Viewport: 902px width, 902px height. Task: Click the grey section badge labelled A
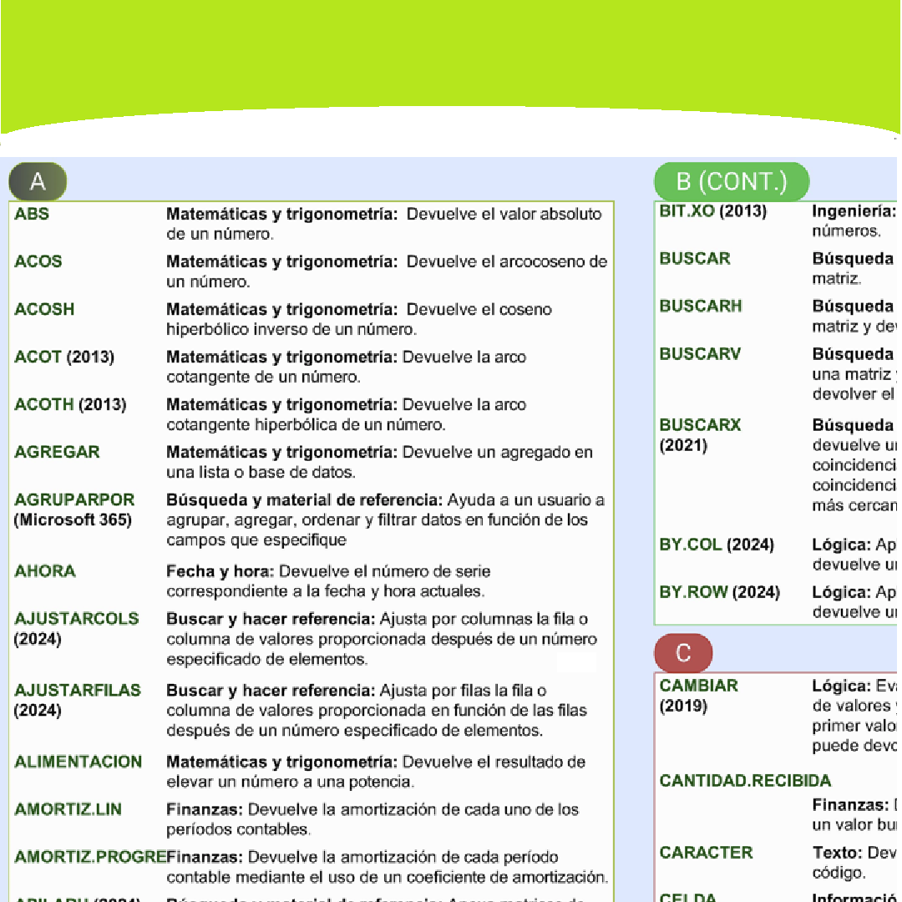click(x=38, y=181)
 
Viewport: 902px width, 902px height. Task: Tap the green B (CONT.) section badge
click(x=731, y=181)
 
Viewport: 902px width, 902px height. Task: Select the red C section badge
click(x=683, y=653)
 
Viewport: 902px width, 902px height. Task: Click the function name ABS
click(x=32, y=214)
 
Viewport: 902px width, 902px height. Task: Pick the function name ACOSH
click(x=44, y=309)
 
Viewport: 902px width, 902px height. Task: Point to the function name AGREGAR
click(x=57, y=452)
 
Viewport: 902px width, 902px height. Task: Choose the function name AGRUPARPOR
click(x=74, y=499)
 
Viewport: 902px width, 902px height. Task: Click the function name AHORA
click(x=45, y=571)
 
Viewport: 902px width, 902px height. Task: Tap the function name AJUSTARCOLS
click(x=77, y=619)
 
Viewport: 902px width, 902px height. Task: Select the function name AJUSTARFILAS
click(x=78, y=691)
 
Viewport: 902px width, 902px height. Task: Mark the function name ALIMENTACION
click(x=79, y=762)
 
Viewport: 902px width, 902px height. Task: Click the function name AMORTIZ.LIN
click(x=68, y=809)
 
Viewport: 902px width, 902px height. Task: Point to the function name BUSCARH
click(x=700, y=306)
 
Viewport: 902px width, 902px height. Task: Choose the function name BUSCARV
click(x=700, y=353)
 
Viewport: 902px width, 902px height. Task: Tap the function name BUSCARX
click(x=700, y=424)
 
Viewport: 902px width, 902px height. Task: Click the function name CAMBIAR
click(x=698, y=686)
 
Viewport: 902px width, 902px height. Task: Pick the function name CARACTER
click(x=706, y=853)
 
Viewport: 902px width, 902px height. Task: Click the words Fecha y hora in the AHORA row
click(x=220, y=571)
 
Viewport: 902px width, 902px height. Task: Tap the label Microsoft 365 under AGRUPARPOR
click(x=73, y=520)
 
